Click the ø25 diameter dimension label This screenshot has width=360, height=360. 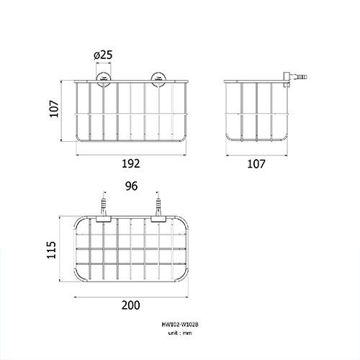pos(103,55)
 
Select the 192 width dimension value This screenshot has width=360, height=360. pos(131,163)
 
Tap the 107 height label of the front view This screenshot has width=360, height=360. pos(54,109)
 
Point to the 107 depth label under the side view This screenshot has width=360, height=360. pos(256,164)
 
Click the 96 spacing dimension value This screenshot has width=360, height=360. pos(131,186)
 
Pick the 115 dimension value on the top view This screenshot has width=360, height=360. pos(51,250)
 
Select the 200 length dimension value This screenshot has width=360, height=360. pos(131,305)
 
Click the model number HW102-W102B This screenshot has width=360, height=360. pos(180,325)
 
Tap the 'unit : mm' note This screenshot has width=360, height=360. pos(180,333)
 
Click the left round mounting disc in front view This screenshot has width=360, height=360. pos(104,78)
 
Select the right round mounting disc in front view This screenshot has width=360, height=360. pos(158,78)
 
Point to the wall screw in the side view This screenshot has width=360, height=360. pos(298,77)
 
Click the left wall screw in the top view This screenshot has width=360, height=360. pos(104,206)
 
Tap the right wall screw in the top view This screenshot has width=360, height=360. pos(158,206)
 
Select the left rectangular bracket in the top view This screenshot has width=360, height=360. pos(104,219)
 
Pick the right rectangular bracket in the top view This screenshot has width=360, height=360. pos(158,219)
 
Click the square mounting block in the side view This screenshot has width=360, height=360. pos(287,79)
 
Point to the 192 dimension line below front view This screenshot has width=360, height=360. pos(131,155)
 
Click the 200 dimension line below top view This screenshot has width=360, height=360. pos(131,297)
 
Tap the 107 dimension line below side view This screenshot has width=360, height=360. pos(257,156)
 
